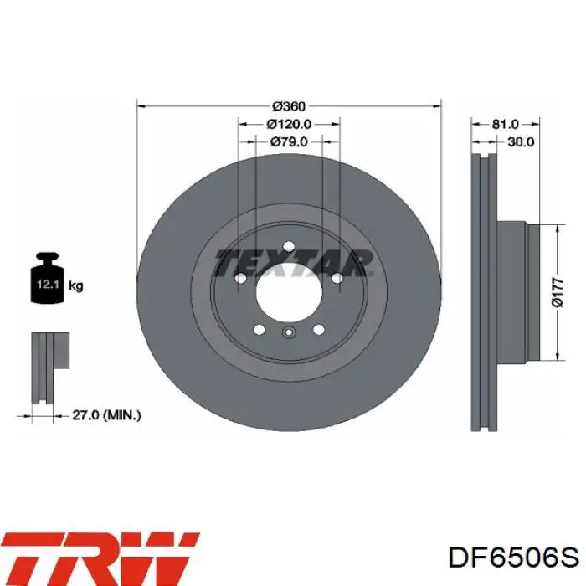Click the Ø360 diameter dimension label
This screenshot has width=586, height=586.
[x=289, y=106]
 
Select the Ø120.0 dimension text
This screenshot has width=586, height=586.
[x=289, y=124]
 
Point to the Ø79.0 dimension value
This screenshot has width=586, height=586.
[x=289, y=142]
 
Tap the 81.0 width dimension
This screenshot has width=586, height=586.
[x=505, y=124]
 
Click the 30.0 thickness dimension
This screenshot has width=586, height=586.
[x=521, y=142]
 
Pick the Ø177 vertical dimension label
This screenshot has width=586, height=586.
[x=558, y=293]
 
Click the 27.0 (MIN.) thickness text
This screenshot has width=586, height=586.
[x=106, y=415]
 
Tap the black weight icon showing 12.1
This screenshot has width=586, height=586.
[x=48, y=278]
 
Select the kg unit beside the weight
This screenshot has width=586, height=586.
[x=76, y=286]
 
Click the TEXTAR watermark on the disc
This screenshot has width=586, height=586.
[x=293, y=263]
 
